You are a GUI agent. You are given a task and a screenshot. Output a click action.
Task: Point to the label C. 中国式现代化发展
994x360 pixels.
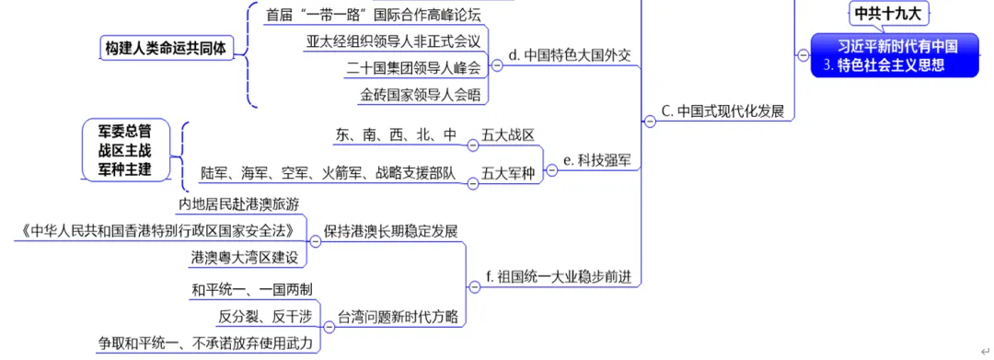722,111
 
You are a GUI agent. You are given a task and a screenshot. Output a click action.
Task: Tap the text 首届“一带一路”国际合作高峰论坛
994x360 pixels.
373,15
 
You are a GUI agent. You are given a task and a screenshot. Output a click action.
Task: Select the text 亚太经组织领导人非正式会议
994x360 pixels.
393,41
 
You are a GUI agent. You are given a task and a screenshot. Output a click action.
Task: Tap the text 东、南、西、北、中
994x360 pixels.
397,135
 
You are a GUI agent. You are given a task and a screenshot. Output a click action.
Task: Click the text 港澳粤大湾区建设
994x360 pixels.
245,257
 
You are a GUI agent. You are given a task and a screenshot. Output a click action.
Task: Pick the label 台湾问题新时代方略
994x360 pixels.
398,316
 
